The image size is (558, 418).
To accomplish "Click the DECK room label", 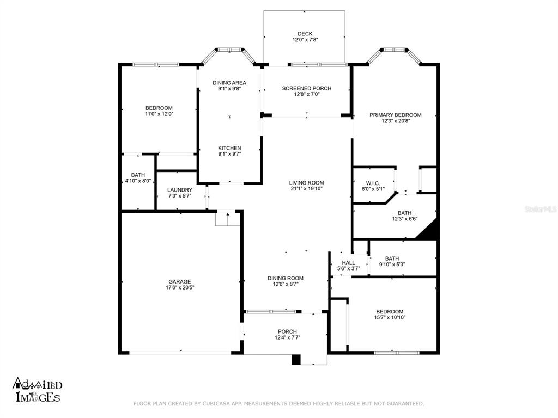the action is pos(305,34).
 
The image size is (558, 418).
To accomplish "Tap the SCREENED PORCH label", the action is pos(307,88).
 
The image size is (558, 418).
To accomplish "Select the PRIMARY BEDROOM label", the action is pos(396,115).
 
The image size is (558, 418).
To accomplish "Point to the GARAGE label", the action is pos(180,281).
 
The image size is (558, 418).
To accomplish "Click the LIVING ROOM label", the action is pos(306,183).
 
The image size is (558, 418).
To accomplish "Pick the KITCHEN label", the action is pos(229,148).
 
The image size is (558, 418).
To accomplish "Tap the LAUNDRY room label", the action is pos(180,190).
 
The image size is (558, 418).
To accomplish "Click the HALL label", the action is pos(348,263).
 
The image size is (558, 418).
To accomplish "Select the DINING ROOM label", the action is pos(286,278).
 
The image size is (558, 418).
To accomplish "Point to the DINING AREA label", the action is pos(229,83).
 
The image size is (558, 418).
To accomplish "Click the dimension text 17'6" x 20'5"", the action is pos(180,287).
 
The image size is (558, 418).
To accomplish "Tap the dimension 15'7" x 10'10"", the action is pos(390,317).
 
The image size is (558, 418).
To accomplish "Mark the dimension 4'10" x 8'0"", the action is pos(138,181).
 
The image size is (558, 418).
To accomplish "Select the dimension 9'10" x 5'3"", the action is pos(392,265).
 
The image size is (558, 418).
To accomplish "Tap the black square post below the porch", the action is pos(296,359).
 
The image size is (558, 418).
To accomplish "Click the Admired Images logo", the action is pos(38,390).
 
